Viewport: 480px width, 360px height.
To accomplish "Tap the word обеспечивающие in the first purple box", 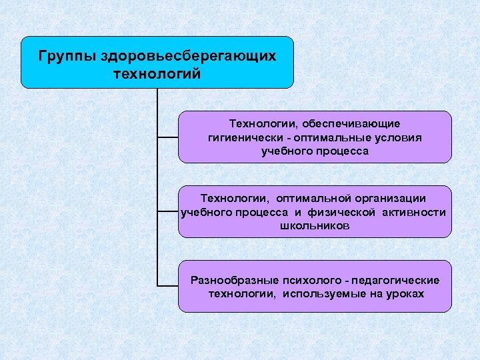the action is coord(351,124).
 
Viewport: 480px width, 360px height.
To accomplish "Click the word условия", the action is coord(397,137).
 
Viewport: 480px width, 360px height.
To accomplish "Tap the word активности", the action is coord(414,212).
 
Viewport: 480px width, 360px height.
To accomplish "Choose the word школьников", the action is coord(315,226).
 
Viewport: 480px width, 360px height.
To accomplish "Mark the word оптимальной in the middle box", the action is coord(309,198).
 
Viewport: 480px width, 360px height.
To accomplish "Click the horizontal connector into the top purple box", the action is coord(167,137).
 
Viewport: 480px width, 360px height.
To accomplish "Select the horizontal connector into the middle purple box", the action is coord(167,211).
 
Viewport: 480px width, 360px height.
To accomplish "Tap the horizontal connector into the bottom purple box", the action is coord(167,286).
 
